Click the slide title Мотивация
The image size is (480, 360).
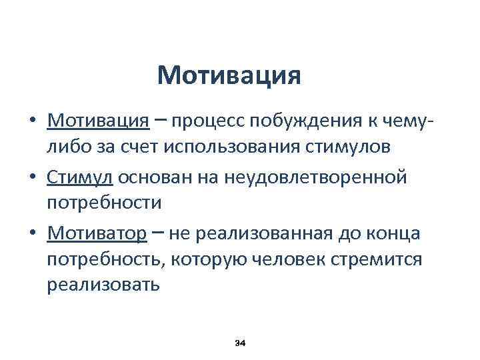click(x=229, y=75)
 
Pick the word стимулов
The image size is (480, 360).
click(x=356, y=147)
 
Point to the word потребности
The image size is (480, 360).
click(x=104, y=203)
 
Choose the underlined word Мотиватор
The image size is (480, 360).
click(x=96, y=233)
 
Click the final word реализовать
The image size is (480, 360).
click(x=103, y=285)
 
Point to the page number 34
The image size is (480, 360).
click(x=241, y=342)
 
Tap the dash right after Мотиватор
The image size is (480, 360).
click(x=157, y=232)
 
